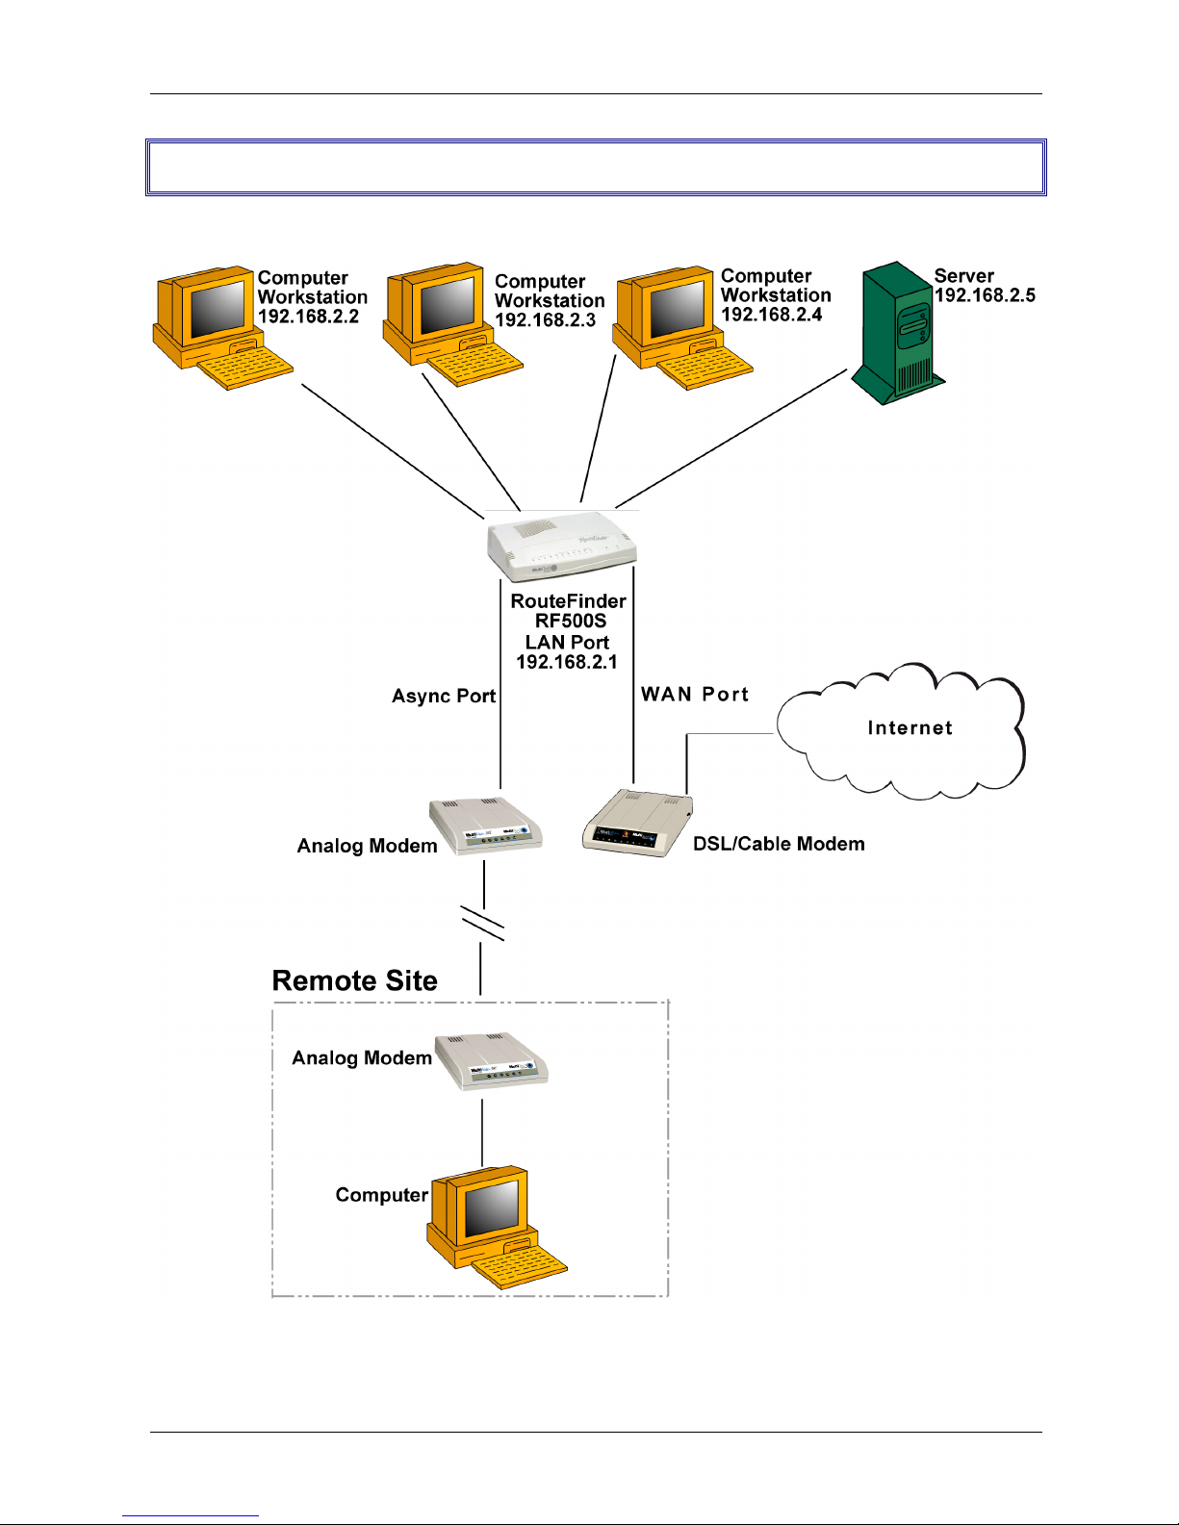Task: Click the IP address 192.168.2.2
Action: coord(308,317)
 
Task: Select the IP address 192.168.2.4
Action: coord(771,315)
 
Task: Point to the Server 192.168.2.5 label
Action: coord(984,286)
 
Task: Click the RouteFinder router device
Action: coord(562,546)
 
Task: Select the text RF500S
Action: coord(571,621)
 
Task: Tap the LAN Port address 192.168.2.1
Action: coord(567,662)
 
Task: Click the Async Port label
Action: coord(444,696)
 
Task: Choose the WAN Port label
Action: coord(695,695)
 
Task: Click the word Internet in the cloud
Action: coord(910,728)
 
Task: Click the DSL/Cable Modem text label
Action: coord(779,844)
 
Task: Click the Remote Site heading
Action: coord(354,980)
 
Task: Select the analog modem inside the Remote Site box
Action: coord(492,1062)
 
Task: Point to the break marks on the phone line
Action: coord(482,923)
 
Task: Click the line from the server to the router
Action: coord(731,438)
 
